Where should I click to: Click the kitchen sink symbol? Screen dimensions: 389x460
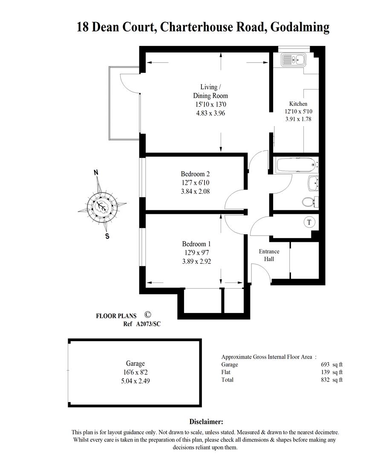point(294,60)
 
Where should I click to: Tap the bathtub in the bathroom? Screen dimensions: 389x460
point(296,165)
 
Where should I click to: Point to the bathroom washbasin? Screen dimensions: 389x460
point(313,183)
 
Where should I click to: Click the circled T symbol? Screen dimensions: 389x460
point(309,222)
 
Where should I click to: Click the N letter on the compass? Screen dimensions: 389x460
point(95,172)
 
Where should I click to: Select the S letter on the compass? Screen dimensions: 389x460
point(107,236)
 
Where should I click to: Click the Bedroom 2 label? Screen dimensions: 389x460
point(196,174)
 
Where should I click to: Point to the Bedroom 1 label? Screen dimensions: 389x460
point(196,244)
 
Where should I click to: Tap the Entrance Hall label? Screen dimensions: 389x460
point(269,255)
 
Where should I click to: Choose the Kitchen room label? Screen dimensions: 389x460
point(298,103)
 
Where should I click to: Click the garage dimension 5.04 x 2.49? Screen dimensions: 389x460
point(135,381)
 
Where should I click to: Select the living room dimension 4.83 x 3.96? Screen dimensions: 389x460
point(210,113)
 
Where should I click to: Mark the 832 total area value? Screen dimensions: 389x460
point(326,379)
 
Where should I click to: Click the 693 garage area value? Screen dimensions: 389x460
point(326,364)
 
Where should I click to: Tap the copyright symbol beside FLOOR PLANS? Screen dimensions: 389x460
point(147,314)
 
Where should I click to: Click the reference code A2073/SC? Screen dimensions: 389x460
point(148,324)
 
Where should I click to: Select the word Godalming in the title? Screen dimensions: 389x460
point(300,27)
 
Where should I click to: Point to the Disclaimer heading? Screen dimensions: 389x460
point(206,422)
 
